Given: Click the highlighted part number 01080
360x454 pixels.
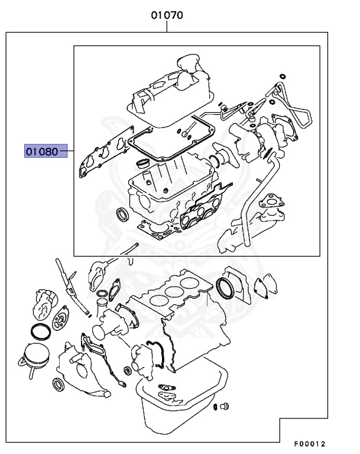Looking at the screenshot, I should [x=42, y=151].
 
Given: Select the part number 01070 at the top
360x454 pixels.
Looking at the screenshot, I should [x=166, y=16].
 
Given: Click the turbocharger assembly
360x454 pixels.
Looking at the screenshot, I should [x=260, y=139].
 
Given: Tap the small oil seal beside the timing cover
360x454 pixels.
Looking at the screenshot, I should [x=60, y=385].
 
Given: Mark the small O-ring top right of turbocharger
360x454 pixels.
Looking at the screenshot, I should [x=282, y=76].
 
